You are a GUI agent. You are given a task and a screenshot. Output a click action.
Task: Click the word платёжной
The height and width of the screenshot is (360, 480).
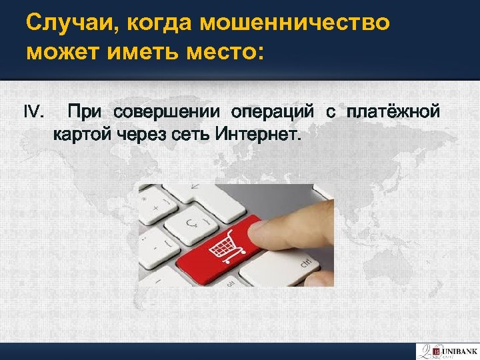pyautogui.click(x=393, y=111)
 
